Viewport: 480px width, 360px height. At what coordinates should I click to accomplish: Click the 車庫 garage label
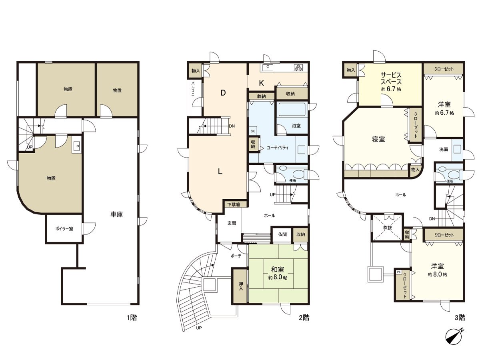tap(116, 214)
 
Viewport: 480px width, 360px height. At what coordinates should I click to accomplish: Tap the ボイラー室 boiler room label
tap(64, 229)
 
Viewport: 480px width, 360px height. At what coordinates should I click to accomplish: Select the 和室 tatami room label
tap(278, 270)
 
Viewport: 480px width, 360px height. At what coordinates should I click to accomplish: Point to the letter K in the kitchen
tap(261, 83)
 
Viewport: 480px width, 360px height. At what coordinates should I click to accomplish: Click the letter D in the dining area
tap(223, 93)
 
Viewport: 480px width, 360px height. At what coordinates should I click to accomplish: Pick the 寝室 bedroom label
tap(378, 139)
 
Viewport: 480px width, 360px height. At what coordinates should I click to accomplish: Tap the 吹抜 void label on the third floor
tap(387, 228)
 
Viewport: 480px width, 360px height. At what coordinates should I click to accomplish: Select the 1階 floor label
tap(132, 318)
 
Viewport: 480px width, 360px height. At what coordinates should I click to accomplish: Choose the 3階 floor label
tap(460, 318)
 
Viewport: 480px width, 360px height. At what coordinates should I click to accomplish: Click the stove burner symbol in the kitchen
tap(298, 68)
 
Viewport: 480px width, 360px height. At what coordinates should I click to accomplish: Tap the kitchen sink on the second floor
tap(267, 68)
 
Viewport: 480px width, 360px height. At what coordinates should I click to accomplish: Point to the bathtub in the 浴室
tap(292, 110)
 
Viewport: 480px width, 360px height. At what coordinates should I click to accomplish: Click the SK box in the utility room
tap(252, 131)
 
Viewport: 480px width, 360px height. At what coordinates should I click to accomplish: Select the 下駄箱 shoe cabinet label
tap(234, 204)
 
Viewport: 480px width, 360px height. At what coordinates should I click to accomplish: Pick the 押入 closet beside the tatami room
tap(240, 286)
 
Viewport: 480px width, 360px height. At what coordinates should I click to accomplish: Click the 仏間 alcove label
tap(282, 234)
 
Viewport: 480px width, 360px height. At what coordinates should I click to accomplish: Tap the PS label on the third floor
tap(399, 272)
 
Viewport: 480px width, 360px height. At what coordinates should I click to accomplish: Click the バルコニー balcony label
tap(193, 90)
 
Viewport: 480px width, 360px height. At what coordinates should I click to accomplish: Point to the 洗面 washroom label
tap(444, 150)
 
